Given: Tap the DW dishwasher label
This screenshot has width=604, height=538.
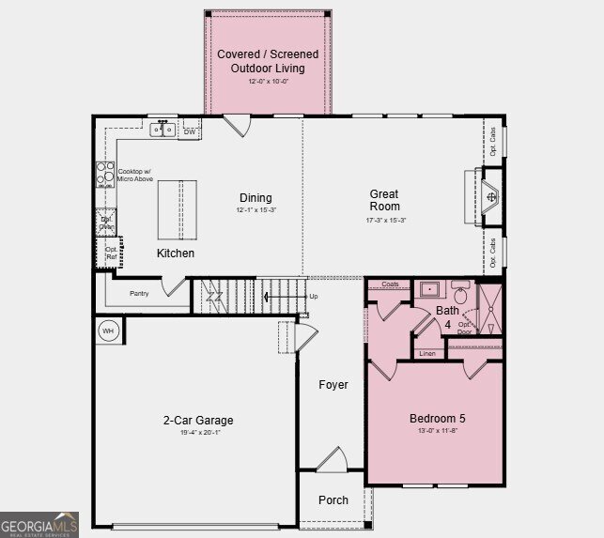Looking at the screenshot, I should (x=189, y=132).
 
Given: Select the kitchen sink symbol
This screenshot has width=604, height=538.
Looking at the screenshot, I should (x=163, y=129).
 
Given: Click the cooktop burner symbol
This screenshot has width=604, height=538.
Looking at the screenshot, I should (x=103, y=176).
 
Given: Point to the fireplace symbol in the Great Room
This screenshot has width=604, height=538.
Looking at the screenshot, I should (x=492, y=197).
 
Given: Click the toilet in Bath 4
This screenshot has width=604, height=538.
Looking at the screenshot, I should (x=460, y=294).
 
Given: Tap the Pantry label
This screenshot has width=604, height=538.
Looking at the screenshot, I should (x=139, y=294).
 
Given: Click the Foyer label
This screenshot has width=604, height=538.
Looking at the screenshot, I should (x=333, y=385).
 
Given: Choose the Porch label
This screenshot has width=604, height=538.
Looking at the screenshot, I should (x=333, y=500).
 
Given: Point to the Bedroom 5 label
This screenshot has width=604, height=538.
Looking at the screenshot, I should (x=437, y=419).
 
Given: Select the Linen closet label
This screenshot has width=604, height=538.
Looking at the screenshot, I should (x=427, y=353).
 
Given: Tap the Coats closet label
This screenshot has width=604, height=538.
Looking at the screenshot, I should (x=390, y=284).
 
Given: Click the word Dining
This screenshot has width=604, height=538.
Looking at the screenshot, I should (x=256, y=198).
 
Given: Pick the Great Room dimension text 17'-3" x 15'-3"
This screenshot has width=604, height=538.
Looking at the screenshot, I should (x=384, y=221).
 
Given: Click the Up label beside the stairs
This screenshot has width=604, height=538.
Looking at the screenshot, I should (x=313, y=297).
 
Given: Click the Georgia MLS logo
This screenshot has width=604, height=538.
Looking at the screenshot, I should (x=39, y=524).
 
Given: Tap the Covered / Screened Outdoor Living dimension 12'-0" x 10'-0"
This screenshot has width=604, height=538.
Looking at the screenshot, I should (x=267, y=82).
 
